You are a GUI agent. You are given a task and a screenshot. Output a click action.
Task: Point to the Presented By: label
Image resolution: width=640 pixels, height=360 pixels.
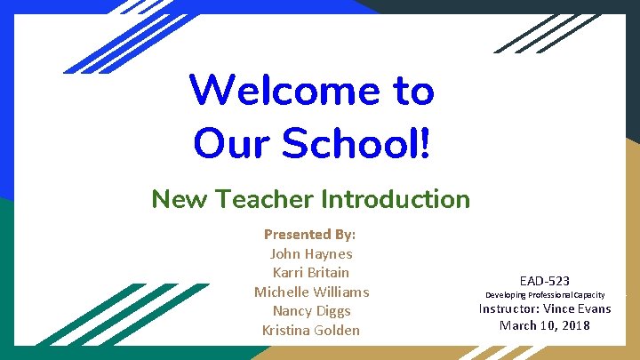tap(310, 235)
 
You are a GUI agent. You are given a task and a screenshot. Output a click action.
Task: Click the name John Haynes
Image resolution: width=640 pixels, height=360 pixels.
tap(311, 253)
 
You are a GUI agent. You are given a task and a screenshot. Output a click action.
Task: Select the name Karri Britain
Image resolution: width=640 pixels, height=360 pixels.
tap(311, 272)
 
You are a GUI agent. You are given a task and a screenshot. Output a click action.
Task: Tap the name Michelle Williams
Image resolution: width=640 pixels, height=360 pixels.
tap(311, 292)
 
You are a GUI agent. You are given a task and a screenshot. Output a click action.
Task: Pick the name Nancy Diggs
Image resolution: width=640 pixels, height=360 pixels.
tap(311, 311)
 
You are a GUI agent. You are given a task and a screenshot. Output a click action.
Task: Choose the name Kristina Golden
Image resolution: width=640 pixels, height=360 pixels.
tap(311, 330)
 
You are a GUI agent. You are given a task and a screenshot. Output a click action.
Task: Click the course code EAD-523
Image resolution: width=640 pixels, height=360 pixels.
tap(545, 281)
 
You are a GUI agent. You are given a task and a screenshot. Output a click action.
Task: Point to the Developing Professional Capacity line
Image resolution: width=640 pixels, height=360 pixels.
tap(545, 294)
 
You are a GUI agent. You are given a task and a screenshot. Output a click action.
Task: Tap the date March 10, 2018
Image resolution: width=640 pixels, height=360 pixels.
tap(545, 325)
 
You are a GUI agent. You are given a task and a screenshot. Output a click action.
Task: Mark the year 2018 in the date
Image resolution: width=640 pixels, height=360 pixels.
tap(575, 325)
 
